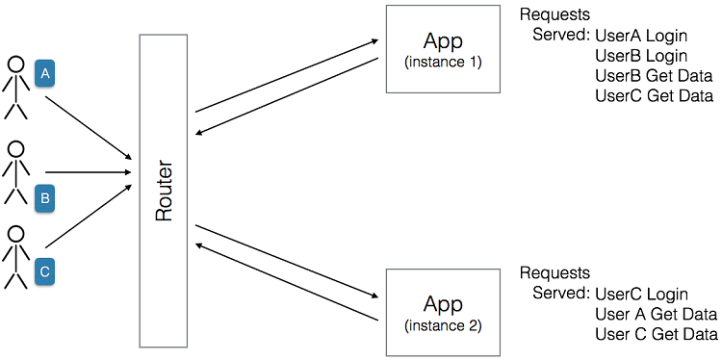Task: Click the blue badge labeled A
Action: [x=44, y=74]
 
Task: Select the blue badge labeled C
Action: [x=44, y=271]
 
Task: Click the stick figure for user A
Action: [x=15, y=87]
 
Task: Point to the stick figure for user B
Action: [x=15, y=173]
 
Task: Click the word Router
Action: [x=164, y=191]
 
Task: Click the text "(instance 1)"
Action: [x=443, y=63]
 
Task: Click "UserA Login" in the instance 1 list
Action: [x=641, y=36]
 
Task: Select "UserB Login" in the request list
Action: [x=641, y=56]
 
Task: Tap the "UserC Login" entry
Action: [x=641, y=294]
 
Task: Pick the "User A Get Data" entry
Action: [x=657, y=314]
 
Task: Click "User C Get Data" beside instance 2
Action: [x=657, y=334]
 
